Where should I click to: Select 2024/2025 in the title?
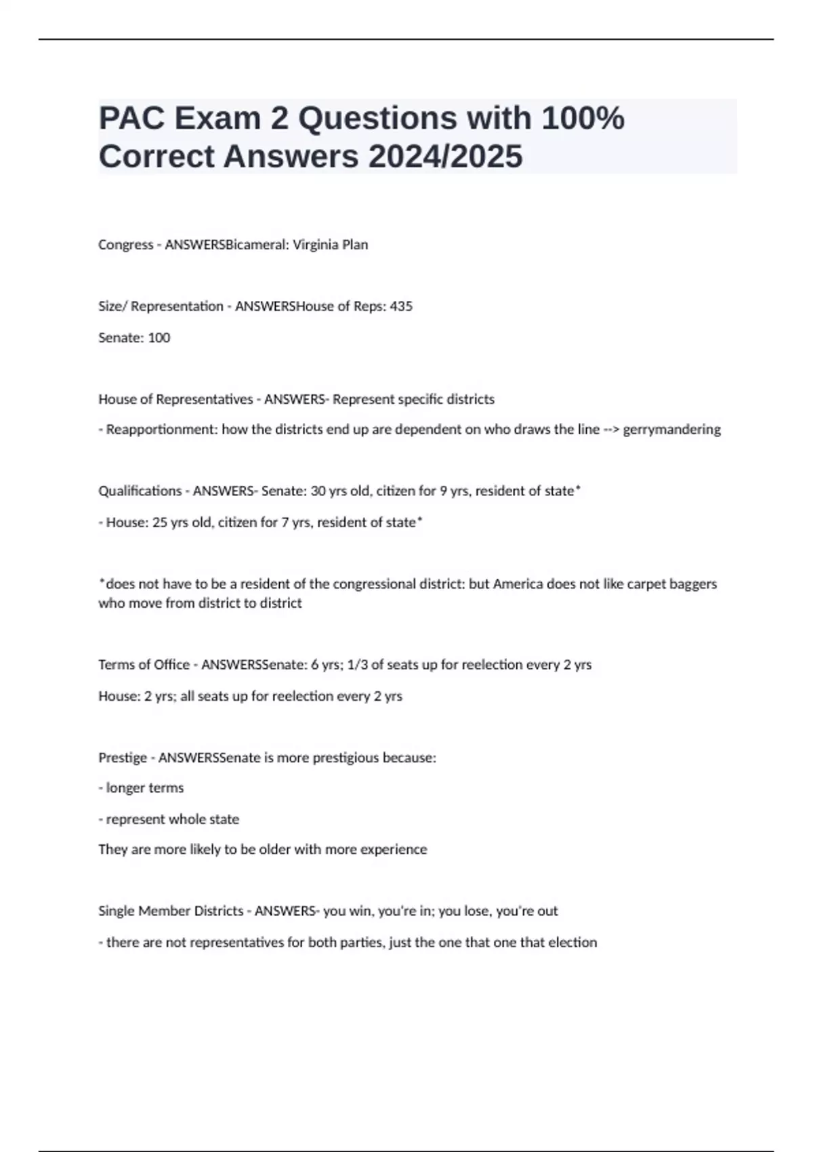(x=446, y=157)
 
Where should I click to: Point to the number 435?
(x=401, y=306)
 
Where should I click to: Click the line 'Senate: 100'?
(x=134, y=337)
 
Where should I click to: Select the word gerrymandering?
(x=671, y=430)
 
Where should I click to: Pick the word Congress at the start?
(x=126, y=245)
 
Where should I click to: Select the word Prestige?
(x=123, y=758)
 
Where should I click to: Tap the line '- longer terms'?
(x=141, y=788)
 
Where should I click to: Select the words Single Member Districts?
(x=171, y=911)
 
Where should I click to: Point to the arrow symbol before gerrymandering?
(x=610, y=430)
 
